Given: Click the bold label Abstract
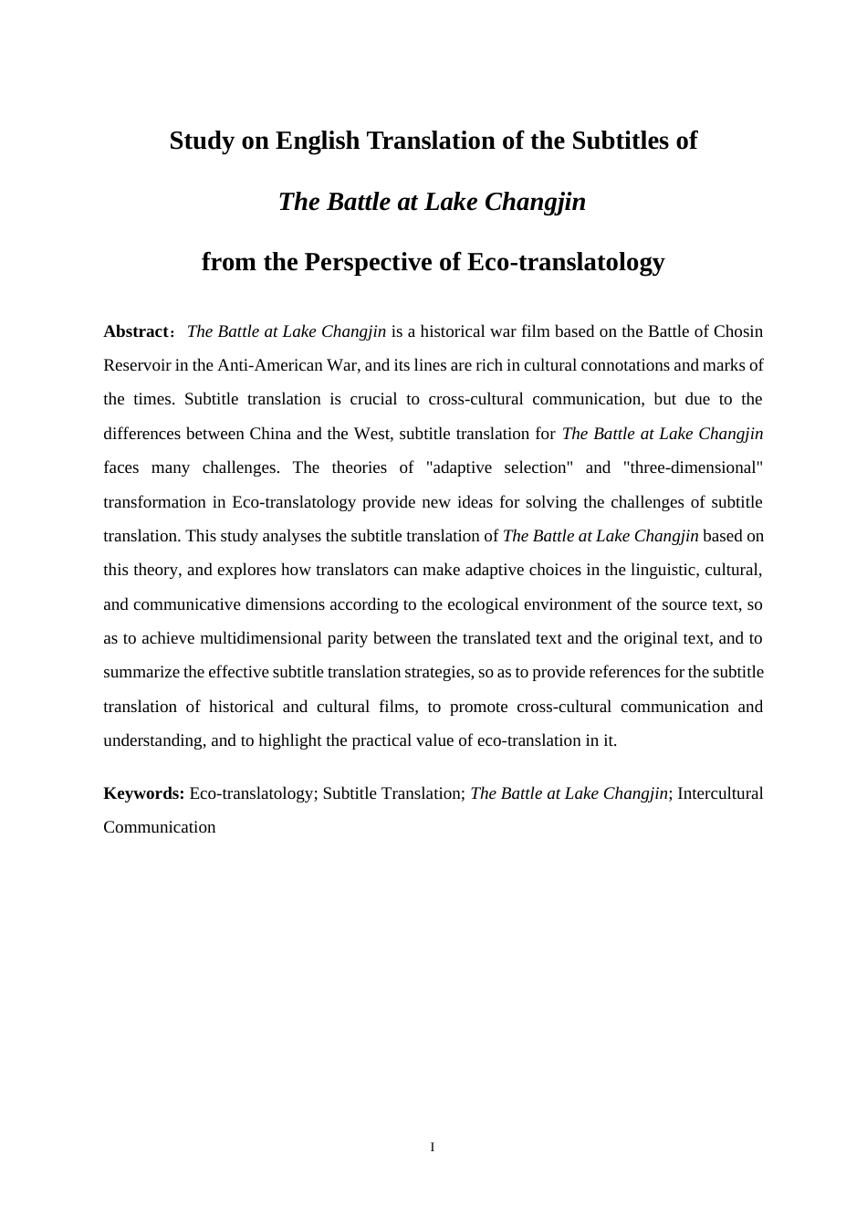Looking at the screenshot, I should pyautogui.click(x=136, y=331).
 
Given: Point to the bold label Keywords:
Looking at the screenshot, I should pyautogui.click(x=144, y=793).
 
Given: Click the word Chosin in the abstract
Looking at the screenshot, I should pyautogui.click(x=738, y=331).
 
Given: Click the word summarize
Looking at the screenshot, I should pyautogui.click(x=141, y=672).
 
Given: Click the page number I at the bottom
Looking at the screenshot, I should pyautogui.click(x=433, y=1147).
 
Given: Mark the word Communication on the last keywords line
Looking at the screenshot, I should pyautogui.click(x=160, y=827).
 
